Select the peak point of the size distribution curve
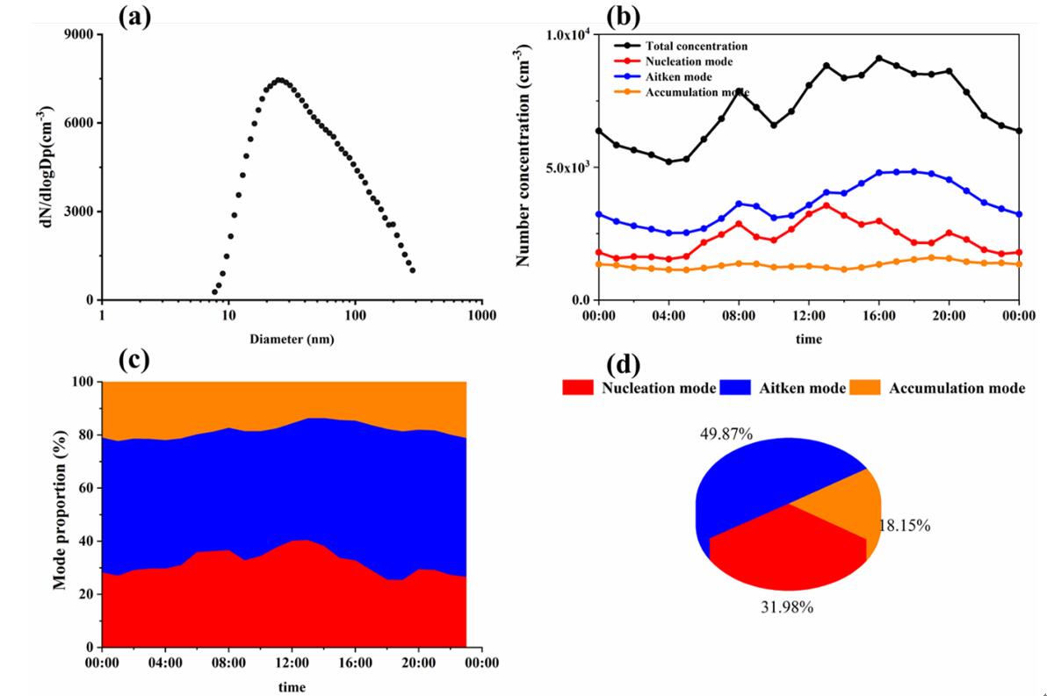(x=279, y=80)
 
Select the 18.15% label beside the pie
(x=905, y=526)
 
